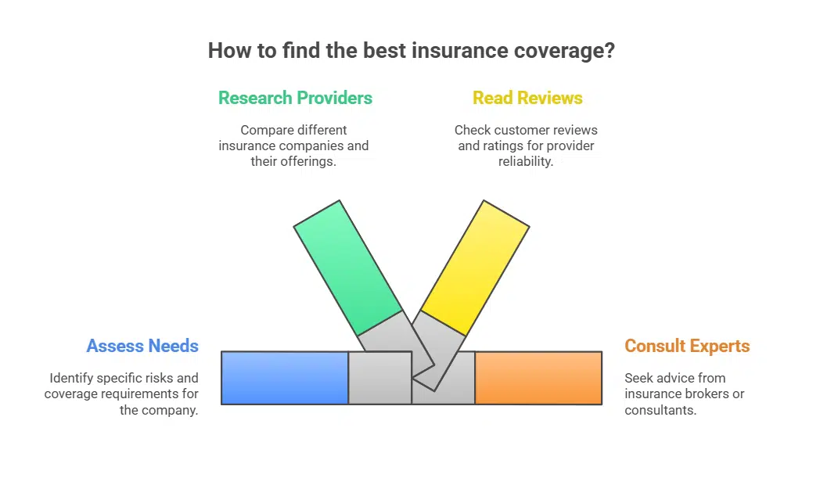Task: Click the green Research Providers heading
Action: pos(295,98)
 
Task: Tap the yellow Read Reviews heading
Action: pos(527,98)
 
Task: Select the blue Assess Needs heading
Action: pos(142,346)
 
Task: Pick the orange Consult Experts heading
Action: pos(687,346)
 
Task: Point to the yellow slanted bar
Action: pos(476,266)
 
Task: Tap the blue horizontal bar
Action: pos(285,378)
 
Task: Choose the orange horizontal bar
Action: pos(538,378)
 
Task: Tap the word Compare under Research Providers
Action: pos(267,130)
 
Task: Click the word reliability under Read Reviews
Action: pos(525,161)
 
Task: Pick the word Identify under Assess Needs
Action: pos(74,378)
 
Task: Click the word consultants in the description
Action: pos(660,409)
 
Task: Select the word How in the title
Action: pos(227,52)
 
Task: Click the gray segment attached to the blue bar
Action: pos(379,378)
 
